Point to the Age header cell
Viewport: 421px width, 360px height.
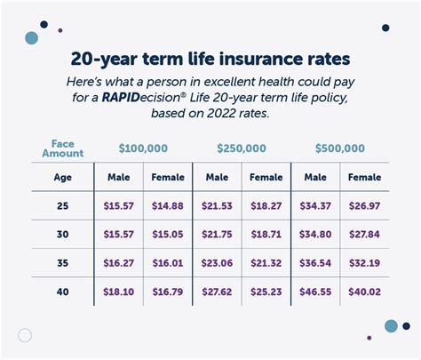point(61,177)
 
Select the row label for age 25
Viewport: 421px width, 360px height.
point(61,206)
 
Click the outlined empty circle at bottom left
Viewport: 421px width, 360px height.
point(25,335)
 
